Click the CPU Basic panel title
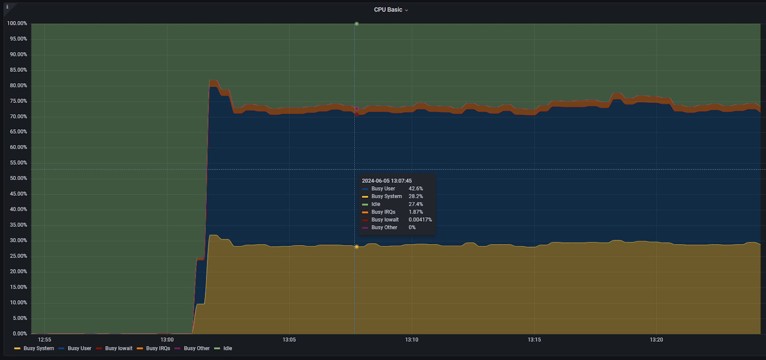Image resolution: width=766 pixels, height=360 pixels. [388, 10]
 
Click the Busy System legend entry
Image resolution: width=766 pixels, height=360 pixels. [38, 349]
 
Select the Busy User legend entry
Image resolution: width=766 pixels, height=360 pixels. [79, 349]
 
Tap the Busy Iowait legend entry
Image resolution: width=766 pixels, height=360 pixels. [118, 349]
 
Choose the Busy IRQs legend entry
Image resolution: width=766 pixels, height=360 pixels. [158, 349]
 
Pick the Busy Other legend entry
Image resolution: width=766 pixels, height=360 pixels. [196, 349]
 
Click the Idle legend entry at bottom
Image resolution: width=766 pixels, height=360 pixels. [227, 349]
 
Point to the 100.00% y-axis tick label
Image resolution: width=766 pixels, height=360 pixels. [17, 23]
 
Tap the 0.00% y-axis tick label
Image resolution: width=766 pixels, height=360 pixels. [20, 334]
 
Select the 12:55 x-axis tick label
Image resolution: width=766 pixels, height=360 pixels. [45, 340]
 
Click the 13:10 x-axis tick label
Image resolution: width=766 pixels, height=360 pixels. [412, 340]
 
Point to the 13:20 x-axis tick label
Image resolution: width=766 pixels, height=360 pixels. [656, 340]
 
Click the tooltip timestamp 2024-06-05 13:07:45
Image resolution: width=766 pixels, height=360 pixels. [387, 181]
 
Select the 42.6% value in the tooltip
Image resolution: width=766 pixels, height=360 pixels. [416, 189]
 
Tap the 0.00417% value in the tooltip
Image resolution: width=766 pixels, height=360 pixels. [420, 220]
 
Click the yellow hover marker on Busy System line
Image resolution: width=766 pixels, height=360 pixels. [356, 247]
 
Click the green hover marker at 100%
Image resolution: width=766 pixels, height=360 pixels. [356, 23]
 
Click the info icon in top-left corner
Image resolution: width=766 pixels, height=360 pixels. [7, 7]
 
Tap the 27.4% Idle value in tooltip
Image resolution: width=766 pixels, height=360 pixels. [416, 204]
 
